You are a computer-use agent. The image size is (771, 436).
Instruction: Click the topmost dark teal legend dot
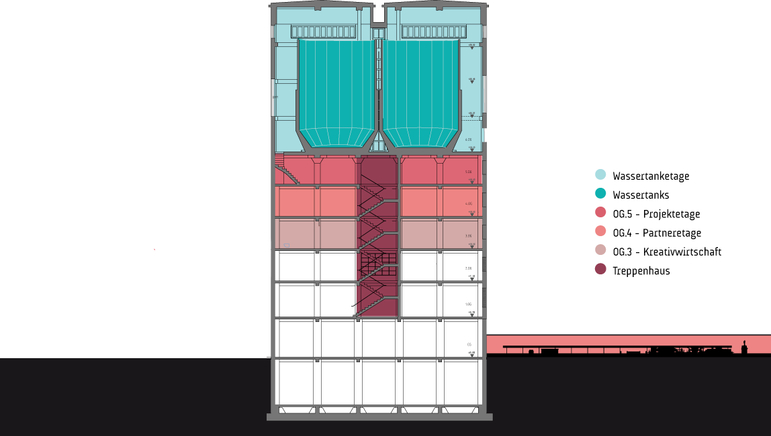pyautogui.click(x=600, y=174)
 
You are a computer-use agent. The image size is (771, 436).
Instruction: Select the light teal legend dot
pyautogui.click(x=600, y=193)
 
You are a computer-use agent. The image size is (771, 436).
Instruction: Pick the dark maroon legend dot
pyautogui.click(x=600, y=269)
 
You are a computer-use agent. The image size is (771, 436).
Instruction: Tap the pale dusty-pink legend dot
pyautogui.click(x=600, y=250)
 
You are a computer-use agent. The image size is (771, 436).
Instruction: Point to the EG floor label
pyautogui.click(x=469, y=345)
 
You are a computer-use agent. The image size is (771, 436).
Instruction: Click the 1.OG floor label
pyautogui.click(x=469, y=305)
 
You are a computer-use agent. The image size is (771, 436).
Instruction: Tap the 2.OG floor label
pyautogui.click(x=469, y=268)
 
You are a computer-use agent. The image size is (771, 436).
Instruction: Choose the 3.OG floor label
pyautogui.click(x=468, y=236)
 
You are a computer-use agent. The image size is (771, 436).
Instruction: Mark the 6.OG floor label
pyautogui.click(x=468, y=140)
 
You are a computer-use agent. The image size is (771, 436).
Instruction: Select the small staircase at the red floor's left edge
pyautogui.click(x=287, y=170)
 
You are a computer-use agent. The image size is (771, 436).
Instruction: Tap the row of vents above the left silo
pyautogui.click(x=324, y=32)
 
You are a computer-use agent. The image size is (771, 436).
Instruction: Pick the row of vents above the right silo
pyautogui.click(x=434, y=32)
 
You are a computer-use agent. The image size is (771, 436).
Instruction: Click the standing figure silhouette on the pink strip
pyautogui.click(x=744, y=347)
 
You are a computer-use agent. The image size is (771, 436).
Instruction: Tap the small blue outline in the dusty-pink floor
pyautogui.click(x=287, y=246)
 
